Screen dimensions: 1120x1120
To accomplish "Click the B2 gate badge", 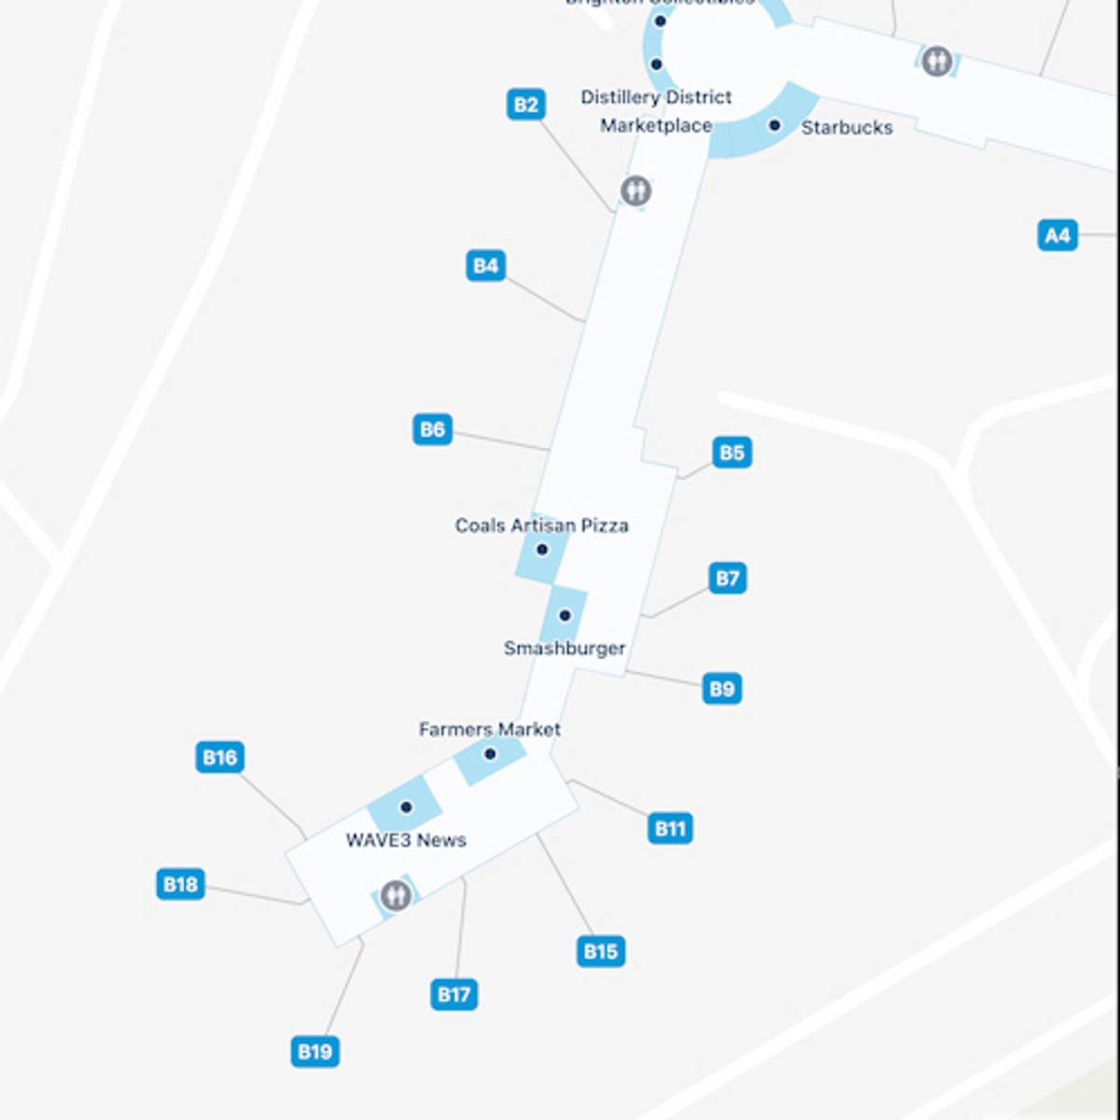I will (x=525, y=105).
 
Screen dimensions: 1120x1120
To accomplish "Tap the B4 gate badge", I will (x=485, y=266).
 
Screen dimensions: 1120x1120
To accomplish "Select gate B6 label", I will (x=432, y=430).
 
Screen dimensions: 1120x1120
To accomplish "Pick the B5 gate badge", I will (x=732, y=454).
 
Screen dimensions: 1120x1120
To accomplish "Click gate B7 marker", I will (x=727, y=579).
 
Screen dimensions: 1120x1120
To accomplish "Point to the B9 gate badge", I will (x=721, y=690).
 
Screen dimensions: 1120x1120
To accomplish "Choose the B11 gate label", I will (x=670, y=829).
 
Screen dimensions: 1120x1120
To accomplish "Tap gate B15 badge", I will (x=600, y=952).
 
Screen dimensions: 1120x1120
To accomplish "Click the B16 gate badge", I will (x=220, y=758).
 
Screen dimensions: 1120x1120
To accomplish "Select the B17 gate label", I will (x=455, y=995).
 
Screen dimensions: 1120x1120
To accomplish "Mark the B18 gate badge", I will (x=180, y=885).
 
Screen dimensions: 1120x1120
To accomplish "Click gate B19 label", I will (x=315, y=1053).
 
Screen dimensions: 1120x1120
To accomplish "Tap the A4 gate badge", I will (x=1057, y=236).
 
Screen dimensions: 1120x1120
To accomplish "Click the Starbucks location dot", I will (x=775, y=125).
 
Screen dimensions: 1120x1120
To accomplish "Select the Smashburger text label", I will (x=565, y=649).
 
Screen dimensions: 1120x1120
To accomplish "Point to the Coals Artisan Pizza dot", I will (x=541, y=550).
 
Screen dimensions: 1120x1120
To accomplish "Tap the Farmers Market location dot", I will (x=490, y=754).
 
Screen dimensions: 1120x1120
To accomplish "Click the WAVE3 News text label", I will (x=406, y=841).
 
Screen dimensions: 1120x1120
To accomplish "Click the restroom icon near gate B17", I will (x=396, y=895).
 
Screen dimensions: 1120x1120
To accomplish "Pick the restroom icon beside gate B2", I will (x=637, y=191).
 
